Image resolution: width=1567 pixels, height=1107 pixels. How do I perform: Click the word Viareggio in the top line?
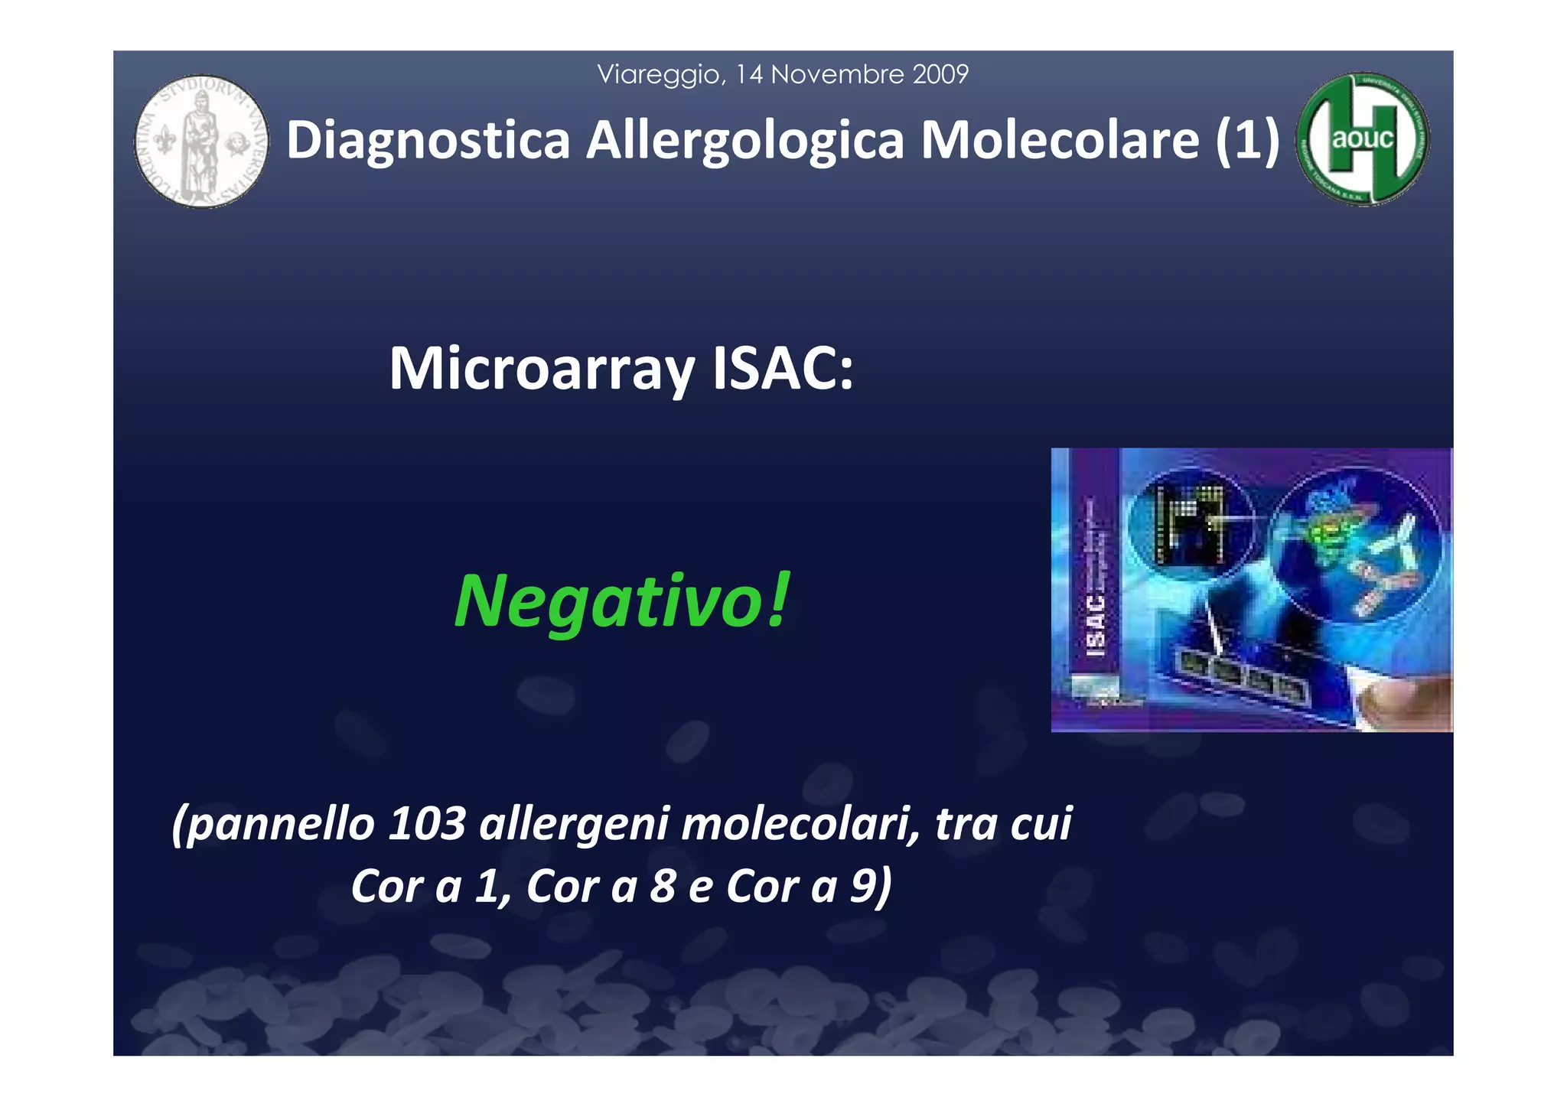pos(660,75)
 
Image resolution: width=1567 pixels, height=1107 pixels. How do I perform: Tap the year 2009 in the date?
pos(940,74)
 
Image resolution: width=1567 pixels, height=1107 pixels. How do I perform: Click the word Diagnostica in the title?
pos(428,141)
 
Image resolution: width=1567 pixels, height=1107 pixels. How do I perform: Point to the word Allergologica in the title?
pos(745,141)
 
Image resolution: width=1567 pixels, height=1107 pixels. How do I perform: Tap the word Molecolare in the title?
pos(1060,141)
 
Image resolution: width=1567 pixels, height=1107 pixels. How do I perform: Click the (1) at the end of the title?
pos(1248,141)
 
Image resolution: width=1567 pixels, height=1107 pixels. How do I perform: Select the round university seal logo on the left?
pos(202,142)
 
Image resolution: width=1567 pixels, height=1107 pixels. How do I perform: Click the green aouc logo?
pos(1363,140)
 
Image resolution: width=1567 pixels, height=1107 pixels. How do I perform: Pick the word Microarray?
pos(542,370)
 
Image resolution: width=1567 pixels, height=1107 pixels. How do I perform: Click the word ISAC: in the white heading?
pos(782,370)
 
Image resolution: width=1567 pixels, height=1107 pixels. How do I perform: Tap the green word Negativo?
pos(621,601)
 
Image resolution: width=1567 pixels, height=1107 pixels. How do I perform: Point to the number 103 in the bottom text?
pos(427,824)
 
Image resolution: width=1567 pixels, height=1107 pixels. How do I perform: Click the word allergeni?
pos(574,825)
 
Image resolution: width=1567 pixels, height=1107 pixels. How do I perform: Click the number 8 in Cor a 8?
pos(663,886)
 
